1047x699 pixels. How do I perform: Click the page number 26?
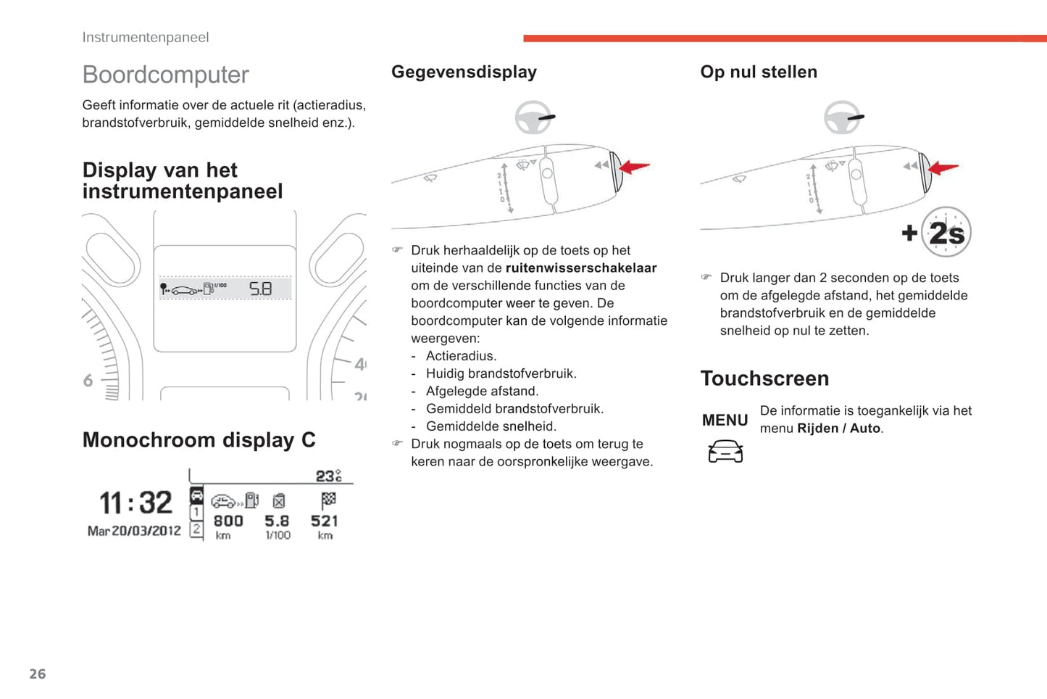coord(38,674)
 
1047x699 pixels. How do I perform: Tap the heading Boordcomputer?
coord(165,75)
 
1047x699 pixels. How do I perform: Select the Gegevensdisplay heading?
coord(464,72)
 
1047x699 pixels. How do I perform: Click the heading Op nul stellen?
coord(758,72)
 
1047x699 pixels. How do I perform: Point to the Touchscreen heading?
coord(764,379)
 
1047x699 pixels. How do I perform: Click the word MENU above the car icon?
coord(725,421)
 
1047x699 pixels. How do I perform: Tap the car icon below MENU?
coord(725,452)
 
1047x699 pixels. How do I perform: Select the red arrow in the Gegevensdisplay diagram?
coord(635,167)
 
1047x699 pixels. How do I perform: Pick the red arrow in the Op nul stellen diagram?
coord(943,168)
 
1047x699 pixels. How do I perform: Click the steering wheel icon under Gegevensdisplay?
coord(534,117)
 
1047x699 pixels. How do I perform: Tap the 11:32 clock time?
coord(135,502)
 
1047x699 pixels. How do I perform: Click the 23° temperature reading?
coord(328,476)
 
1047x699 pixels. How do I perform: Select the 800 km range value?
coord(228,521)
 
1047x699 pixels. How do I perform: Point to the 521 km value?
coord(325,521)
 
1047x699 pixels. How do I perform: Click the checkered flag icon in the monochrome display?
coord(328,500)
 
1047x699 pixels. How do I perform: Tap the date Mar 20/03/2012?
coord(134,531)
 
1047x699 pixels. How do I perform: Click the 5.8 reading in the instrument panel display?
coord(261,289)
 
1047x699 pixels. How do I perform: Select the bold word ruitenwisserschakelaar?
coord(581,268)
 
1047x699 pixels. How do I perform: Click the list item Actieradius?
coord(461,356)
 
